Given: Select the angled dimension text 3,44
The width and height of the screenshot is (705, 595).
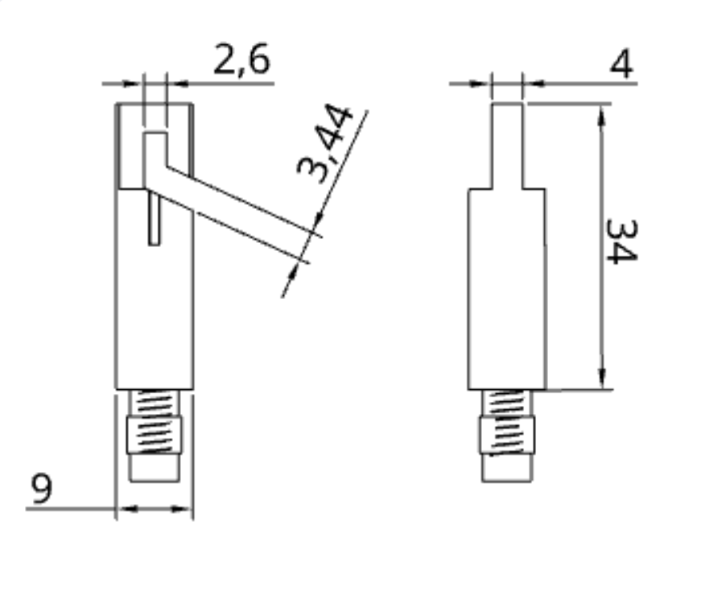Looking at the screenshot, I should coord(325,144).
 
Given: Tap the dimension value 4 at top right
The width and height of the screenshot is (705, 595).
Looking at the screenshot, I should coord(620,64).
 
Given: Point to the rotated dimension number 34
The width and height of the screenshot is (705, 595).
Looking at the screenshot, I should coord(621,240).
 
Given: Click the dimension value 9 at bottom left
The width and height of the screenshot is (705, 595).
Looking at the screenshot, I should coord(42,489).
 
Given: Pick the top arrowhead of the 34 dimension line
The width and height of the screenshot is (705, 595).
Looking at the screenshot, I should coord(601,114).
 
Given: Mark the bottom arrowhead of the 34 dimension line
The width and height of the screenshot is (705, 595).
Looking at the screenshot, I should coord(601,380).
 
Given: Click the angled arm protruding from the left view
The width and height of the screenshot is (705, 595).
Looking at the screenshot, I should coord(233,211).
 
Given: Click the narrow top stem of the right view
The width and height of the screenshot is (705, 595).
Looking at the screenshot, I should coord(506,145).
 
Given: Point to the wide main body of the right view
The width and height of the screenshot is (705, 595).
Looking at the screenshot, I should coord(506,289).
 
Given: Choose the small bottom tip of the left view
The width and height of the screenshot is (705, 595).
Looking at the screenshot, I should coord(155,468).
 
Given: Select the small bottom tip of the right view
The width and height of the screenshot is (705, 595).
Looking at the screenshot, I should coord(506,469).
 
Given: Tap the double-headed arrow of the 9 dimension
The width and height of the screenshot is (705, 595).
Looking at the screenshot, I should coord(155,508).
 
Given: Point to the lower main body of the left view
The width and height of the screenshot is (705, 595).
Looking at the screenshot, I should coord(155,322).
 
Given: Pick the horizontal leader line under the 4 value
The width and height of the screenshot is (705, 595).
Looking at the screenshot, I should coord(579,82).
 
